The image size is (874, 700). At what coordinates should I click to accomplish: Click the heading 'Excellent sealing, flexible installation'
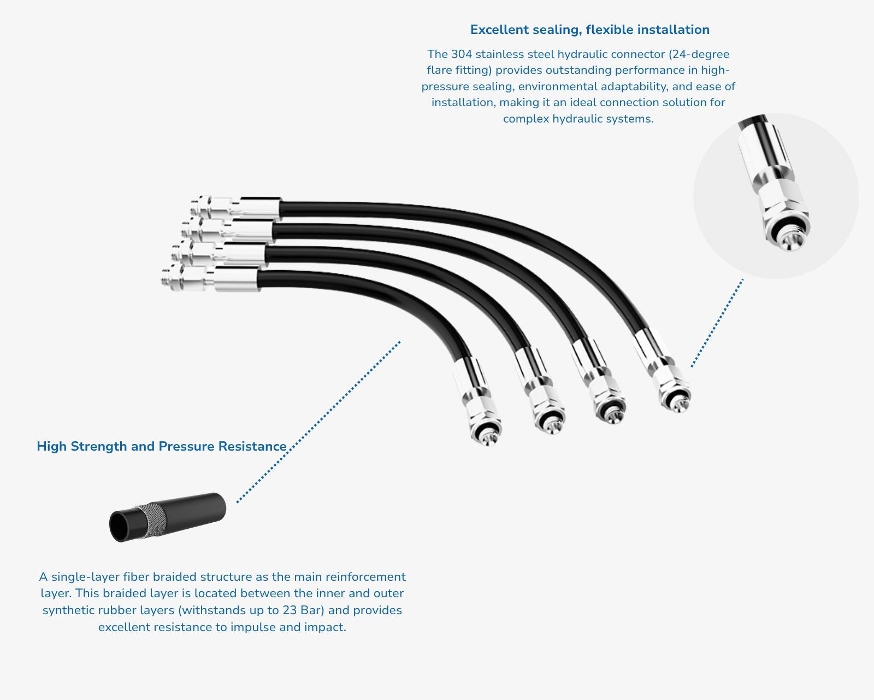pyautogui.click(x=589, y=30)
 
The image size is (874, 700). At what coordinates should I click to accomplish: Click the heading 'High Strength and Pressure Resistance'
pyautogui.click(x=162, y=446)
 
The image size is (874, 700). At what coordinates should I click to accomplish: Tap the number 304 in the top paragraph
pyautogui.click(x=462, y=54)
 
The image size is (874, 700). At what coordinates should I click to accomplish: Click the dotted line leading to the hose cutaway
pyautogui.click(x=318, y=422)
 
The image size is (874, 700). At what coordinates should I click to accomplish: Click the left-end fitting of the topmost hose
pyautogui.click(x=235, y=208)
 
